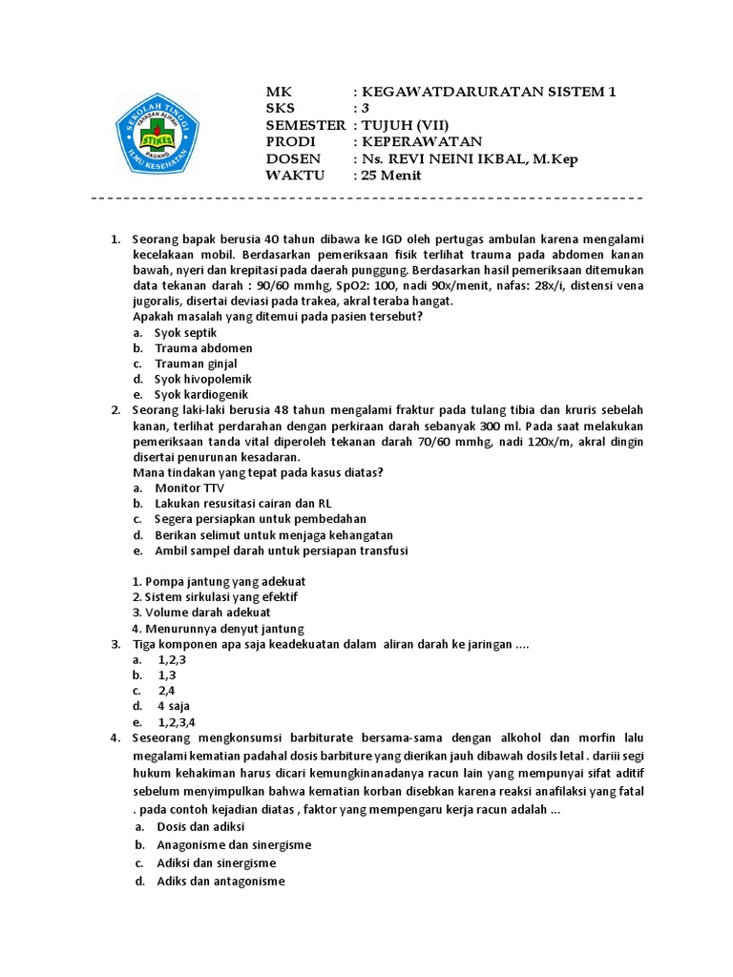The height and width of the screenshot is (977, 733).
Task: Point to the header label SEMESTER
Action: tap(304, 125)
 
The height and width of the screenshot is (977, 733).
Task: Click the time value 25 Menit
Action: tap(391, 176)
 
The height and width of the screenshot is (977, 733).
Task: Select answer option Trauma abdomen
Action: tap(203, 347)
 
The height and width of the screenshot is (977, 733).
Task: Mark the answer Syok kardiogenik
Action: tap(201, 394)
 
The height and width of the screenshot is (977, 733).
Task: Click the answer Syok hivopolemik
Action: tap(203, 379)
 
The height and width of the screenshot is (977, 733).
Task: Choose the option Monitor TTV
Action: tap(190, 488)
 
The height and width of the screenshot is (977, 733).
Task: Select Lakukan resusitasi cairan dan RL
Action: tap(243, 503)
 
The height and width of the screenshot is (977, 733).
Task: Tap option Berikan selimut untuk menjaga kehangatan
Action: tap(274, 534)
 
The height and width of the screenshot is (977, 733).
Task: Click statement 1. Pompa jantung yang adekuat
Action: tap(219, 581)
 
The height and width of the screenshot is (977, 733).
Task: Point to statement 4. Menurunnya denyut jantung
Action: tap(218, 628)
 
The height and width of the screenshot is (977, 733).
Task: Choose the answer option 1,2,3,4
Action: tap(178, 721)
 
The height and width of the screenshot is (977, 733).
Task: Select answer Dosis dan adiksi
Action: tap(201, 825)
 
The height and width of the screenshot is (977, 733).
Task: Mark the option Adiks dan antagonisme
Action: tap(221, 881)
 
